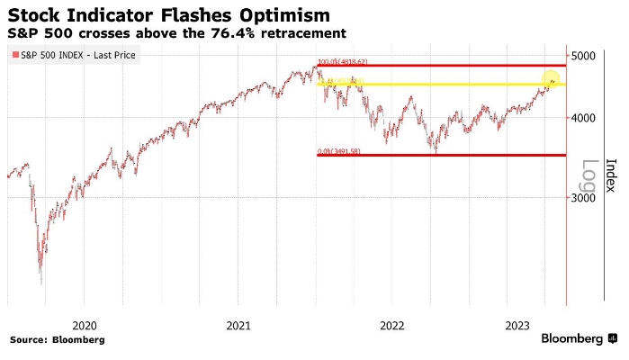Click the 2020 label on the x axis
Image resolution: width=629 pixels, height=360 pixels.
point(85,325)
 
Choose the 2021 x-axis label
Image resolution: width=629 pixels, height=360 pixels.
point(238,325)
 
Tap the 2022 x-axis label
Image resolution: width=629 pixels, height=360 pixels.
point(392,325)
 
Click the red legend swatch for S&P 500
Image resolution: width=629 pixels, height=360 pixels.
point(15,56)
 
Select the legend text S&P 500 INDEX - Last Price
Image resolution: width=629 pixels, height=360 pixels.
point(67,56)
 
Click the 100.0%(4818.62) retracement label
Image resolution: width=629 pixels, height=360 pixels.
point(343,62)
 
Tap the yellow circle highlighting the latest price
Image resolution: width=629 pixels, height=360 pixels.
point(551,84)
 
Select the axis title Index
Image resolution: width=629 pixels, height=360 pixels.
point(611,175)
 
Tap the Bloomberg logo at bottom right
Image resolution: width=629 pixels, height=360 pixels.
point(579,339)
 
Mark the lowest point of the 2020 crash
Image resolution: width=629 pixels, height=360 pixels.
point(41,283)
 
